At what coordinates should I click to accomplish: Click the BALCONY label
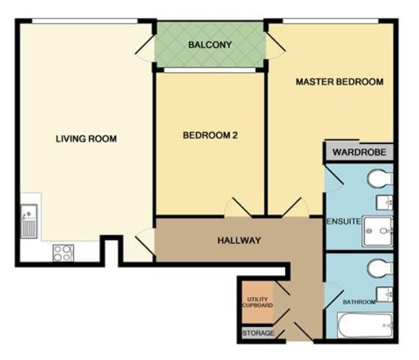[x=209, y=45]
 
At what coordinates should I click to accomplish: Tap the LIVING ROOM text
[x=86, y=139]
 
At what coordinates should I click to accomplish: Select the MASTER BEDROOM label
[x=339, y=82]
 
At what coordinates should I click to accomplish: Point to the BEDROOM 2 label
[x=210, y=135]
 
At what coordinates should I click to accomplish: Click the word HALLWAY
[x=239, y=240]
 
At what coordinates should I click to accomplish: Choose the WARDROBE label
[x=359, y=153]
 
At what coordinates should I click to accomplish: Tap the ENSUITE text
[x=343, y=222]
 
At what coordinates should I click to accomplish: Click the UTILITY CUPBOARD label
[x=258, y=302]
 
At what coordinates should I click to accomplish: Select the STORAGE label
[x=258, y=334]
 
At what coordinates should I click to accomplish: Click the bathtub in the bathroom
[x=365, y=325]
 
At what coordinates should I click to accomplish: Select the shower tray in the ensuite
[x=378, y=232]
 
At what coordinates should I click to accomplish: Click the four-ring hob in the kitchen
[x=63, y=253]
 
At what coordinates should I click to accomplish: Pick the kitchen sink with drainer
[x=29, y=221]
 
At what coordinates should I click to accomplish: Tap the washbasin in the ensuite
[x=385, y=202]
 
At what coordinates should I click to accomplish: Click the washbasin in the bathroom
[x=385, y=294]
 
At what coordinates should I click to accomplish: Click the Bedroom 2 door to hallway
[x=238, y=207]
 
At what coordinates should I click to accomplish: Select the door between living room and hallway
[x=145, y=242]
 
